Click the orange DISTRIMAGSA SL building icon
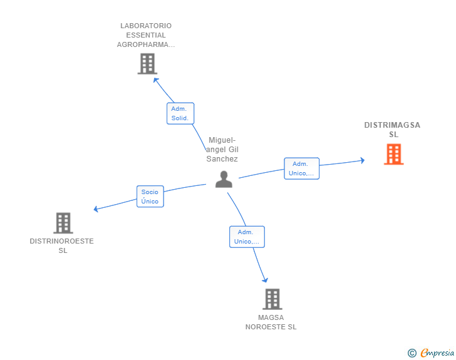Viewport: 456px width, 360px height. click(x=393, y=154)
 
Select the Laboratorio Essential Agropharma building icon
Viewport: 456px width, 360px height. click(x=147, y=64)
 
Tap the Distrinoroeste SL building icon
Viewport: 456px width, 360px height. click(x=63, y=223)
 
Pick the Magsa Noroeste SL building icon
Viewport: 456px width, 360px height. click(x=272, y=299)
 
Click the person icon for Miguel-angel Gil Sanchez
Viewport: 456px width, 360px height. click(x=224, y=180)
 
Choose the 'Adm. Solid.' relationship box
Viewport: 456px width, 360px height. click(x=180, y=113)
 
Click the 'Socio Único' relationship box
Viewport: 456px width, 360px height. click(x=150, y=197)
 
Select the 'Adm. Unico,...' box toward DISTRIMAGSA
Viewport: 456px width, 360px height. click(x=302, y=168)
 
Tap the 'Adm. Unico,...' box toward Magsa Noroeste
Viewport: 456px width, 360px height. click(x=247, y=237)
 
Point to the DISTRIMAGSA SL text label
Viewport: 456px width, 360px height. click(x=393, y=130)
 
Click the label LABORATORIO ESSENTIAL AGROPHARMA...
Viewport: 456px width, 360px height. click(x=146, y=35)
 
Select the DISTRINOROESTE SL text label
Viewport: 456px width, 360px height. click(x=62, y=245)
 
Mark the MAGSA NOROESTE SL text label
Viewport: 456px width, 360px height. click(x=271, y=322)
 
